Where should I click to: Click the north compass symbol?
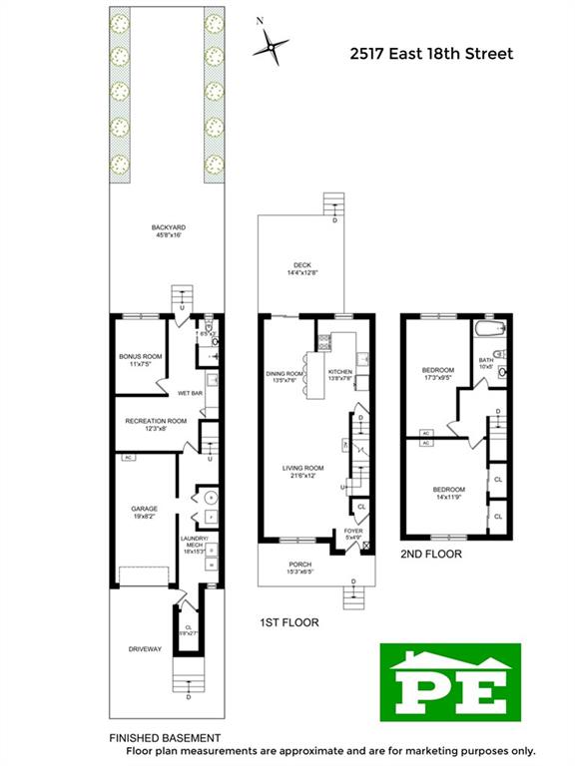click(272, 44)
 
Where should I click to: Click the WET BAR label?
click(192, 393)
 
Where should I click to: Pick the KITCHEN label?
click(340, 376)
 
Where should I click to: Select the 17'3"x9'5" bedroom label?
click(437, 372)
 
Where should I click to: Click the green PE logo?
click(450, 681)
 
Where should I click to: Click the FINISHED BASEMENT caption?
click(165, 737)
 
